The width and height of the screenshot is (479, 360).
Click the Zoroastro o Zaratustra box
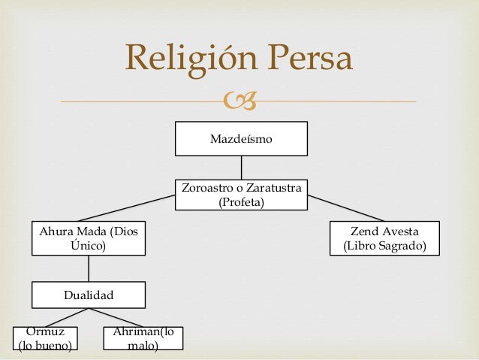(241, 195)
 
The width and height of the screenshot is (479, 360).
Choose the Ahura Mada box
(88, 237)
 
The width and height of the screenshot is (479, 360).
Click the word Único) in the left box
(88, 245)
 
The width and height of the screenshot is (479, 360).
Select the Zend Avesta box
(384, 237)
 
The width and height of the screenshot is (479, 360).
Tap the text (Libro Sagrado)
(384, 246)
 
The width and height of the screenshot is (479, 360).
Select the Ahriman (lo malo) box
(143, 339)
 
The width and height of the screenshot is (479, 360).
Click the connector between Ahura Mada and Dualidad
(88, 268)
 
